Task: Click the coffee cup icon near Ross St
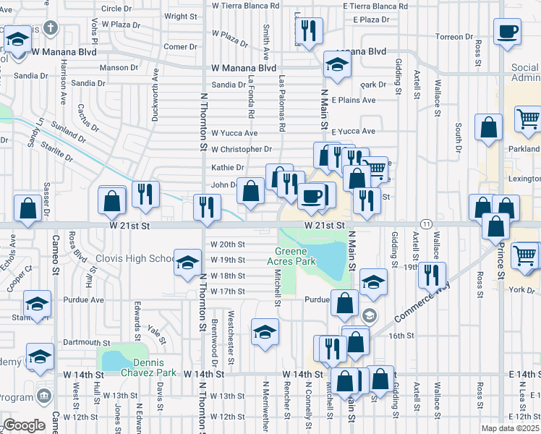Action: pos(507,31)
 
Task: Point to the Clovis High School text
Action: pos(143,259)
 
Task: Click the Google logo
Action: pos(24,425)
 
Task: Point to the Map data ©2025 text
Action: pos(510,428)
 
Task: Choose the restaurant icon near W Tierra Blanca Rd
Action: pos(310,31)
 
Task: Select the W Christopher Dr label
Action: pos(242,150)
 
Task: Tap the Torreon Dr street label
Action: pos(454,36)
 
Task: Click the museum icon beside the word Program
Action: pos(45,396)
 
